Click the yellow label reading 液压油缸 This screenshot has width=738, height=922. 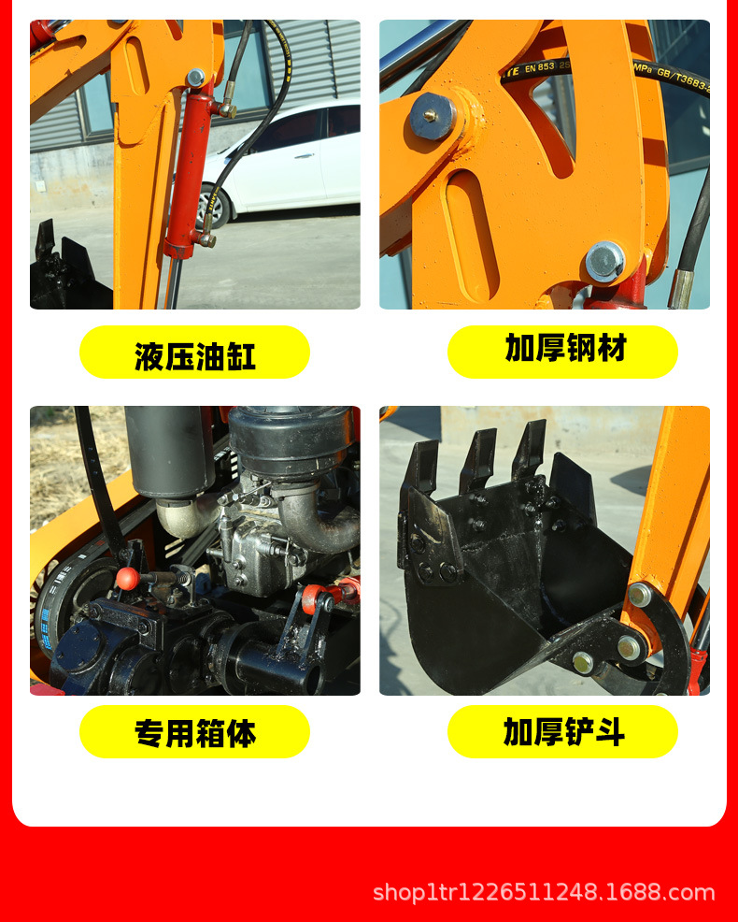tap(194, 353)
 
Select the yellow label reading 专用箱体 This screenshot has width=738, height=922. tap(194, 732)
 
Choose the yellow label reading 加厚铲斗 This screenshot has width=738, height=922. tap(562, 732)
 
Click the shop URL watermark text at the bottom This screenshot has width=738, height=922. tap(544, 892)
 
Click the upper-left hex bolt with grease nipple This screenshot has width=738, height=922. tap(433, 116)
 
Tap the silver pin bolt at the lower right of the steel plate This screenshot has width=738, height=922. tap(604, 261)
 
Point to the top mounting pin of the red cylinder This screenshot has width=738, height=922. tap(195, 78)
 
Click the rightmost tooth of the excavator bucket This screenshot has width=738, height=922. tap(529, 448)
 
